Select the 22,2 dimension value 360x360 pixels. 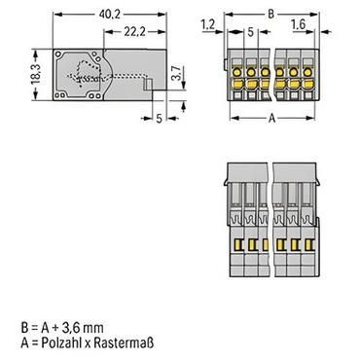pyautogui.click(x=134, y=32)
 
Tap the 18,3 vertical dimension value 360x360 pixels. pyautogui.click(x=36, y=74)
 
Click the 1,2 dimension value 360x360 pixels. pyautogui.click(x=208, y=24)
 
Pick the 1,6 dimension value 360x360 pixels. pyautogui.click(x=299, y=24)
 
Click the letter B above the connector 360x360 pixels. pyautogui.click(x=270, y=15)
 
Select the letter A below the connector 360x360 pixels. pyautogui.click(x=271, y=119)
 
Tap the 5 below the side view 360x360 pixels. pyautogui.click(x=159, y=119)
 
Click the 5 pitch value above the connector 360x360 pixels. pyautogui.click(x=250, y=32)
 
